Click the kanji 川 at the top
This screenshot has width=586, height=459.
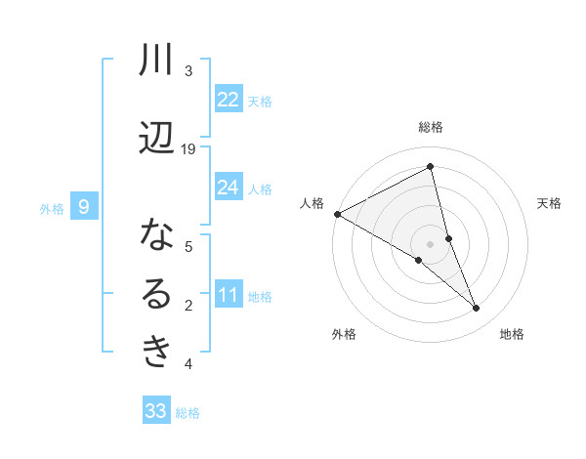point(156,62)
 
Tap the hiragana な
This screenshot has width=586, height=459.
point(156,235)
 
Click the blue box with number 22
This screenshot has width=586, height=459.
point(229,100)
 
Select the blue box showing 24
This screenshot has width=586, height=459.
point(229,188)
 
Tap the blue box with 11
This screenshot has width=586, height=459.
point(229,295)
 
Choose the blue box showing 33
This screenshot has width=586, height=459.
point(156,411)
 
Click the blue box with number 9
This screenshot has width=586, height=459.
point(84,207)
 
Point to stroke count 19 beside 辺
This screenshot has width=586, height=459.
point(188,149)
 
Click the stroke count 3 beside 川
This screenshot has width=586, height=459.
point(188,71)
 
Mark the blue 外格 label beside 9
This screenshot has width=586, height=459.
point(52,208)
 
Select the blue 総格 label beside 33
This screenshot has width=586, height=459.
point(188,413)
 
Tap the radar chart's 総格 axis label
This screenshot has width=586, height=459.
point(431,127)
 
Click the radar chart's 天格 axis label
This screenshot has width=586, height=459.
point(550,203)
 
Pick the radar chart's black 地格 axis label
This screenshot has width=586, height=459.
point(512,334)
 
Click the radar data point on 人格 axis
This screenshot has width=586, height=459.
point(337,214)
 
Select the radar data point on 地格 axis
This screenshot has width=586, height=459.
point(477,309)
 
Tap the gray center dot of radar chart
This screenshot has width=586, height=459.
point(431,243)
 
